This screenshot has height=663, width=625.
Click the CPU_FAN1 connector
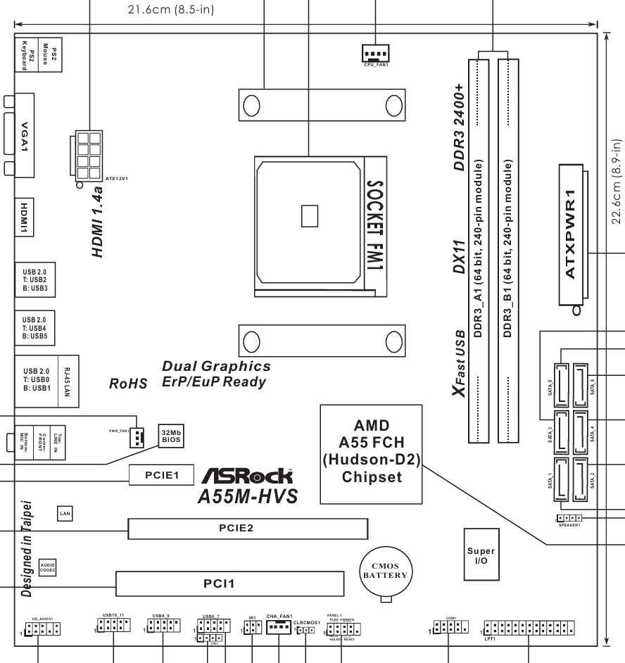point(375,51)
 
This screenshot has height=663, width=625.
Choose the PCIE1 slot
point(163,475)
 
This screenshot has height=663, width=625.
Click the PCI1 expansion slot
point(230,583)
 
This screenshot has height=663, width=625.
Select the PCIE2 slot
point(248,527)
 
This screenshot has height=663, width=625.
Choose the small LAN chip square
point(64,514)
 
